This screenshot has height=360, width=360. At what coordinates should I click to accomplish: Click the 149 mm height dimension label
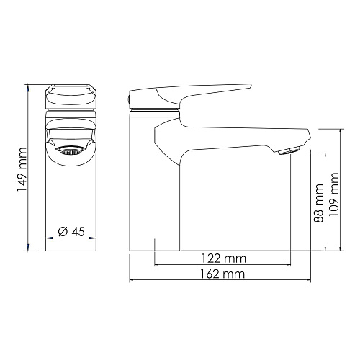click(22, 169)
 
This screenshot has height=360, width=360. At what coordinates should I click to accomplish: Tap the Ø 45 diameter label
click(71, 232)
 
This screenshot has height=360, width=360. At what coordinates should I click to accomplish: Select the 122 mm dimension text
click(223, 258)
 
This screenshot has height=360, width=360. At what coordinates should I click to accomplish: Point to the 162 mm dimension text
click(222, 274)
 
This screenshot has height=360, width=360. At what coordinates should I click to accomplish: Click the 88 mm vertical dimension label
click(319, 203)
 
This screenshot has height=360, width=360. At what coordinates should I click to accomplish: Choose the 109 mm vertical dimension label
click(333, 194)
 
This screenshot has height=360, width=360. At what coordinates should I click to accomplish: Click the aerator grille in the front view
click(71, 151)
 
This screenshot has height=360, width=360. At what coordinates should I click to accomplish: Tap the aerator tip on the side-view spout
click(289, 151)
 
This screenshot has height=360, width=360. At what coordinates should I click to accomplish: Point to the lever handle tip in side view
click(250, 86)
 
